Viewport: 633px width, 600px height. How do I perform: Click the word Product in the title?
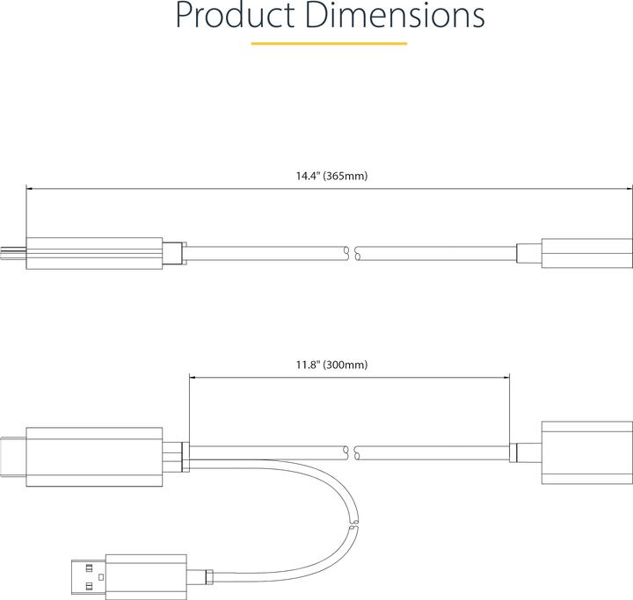click(233, 16)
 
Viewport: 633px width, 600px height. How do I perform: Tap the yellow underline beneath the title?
click(329, 42)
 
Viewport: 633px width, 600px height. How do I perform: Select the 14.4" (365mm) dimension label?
click(331, 176)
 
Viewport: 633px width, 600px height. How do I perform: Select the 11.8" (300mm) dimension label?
click(331, 364)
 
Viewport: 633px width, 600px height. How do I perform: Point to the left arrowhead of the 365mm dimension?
click(30, 188)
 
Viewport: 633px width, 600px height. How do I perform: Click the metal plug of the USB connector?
click(88, 575)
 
